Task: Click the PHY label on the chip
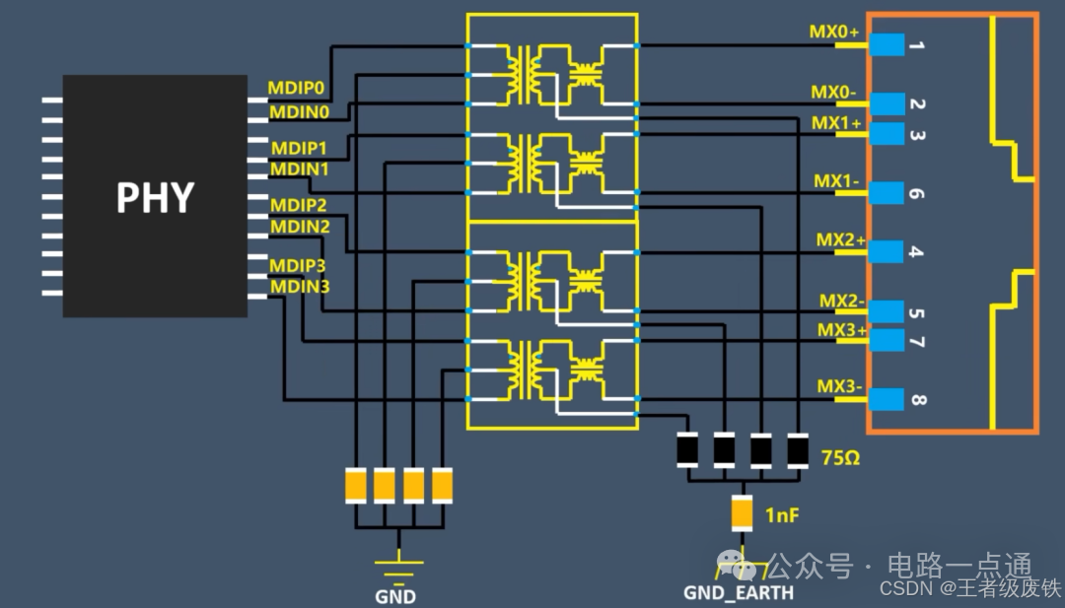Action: pos(155,197)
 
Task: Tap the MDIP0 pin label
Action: pos(297,89)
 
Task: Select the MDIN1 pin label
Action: pos(301,169)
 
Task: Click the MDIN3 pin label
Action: pos(301,287)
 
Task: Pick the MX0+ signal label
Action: pos(834,33)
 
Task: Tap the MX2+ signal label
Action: pos(840,239)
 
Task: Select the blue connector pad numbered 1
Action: pos(888,44)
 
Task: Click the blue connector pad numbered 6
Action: pos(888,193)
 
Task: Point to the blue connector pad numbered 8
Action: pos(888,399)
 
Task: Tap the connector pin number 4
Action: pos(916,252)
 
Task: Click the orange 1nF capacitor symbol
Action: pos(743,512)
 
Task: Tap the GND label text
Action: pos(395,596)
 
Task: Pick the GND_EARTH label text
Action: pos(739,593)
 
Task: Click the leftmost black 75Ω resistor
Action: pos(688,449)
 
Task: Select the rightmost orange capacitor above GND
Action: pos(444,484)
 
